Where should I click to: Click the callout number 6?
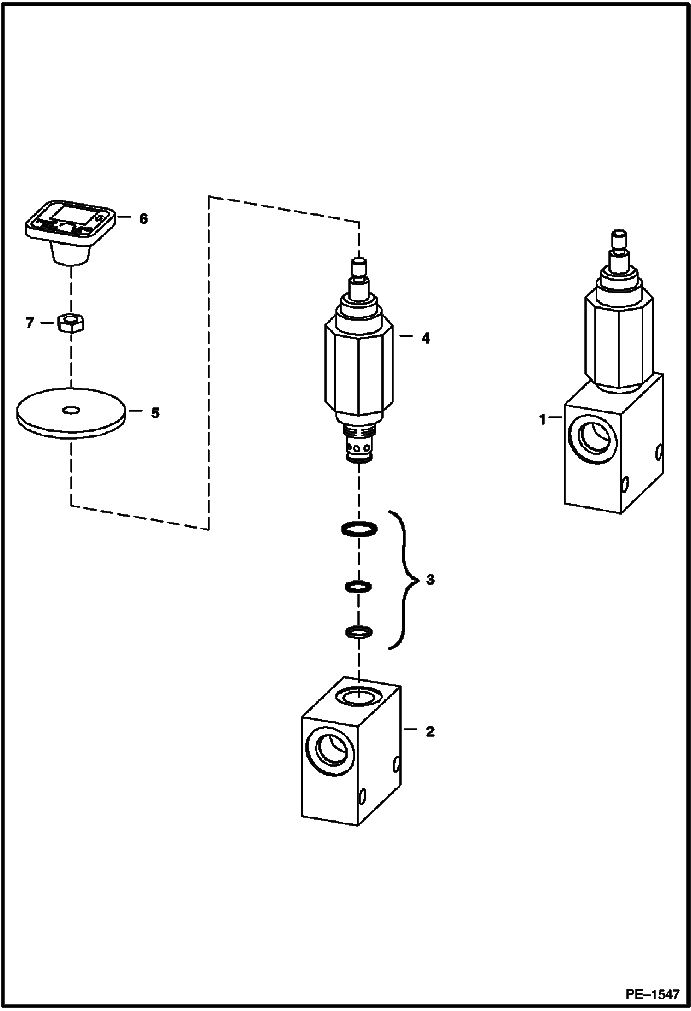click(143, 219)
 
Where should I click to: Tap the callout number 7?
click(30, 323)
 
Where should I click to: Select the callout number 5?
click(155, 413)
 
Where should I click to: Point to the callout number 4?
click(425, 339)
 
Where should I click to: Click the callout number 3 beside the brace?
click(430, 580)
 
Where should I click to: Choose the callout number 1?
click(543, 420)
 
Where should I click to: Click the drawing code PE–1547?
click(652, 993)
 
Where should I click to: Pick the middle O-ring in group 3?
click(359, 587)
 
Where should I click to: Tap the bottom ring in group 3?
click(359, 632)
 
